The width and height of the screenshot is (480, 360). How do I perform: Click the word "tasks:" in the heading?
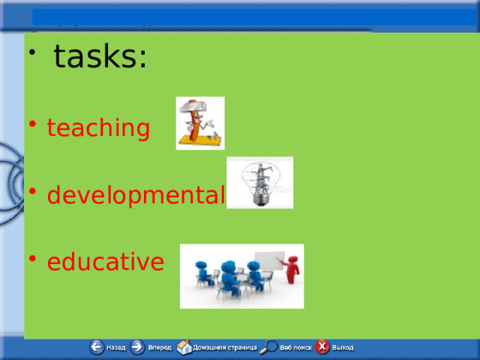[x=100, y=57]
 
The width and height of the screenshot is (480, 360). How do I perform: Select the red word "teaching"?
[x=98, y=128]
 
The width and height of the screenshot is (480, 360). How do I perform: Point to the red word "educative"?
[x=105, y=262]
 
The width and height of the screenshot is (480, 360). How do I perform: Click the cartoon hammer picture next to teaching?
[x=199, y=123]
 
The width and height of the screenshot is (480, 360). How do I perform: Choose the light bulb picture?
[x=259, y=182]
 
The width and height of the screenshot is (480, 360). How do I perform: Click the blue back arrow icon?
[x=97, y=347]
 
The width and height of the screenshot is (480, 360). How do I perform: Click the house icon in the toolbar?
[x=184, y=347]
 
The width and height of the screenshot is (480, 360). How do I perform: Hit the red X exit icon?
[x=322, y=347]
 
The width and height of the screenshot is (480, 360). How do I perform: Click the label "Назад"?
[x=116, y=348]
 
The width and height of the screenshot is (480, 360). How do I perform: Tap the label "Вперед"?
[x=159, y=348]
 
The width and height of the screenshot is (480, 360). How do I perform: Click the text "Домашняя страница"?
[x=225, y=348]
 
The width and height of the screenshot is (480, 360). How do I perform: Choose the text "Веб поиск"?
[x=296, y=348]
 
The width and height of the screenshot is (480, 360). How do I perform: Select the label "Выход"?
[x=343, y=348]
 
